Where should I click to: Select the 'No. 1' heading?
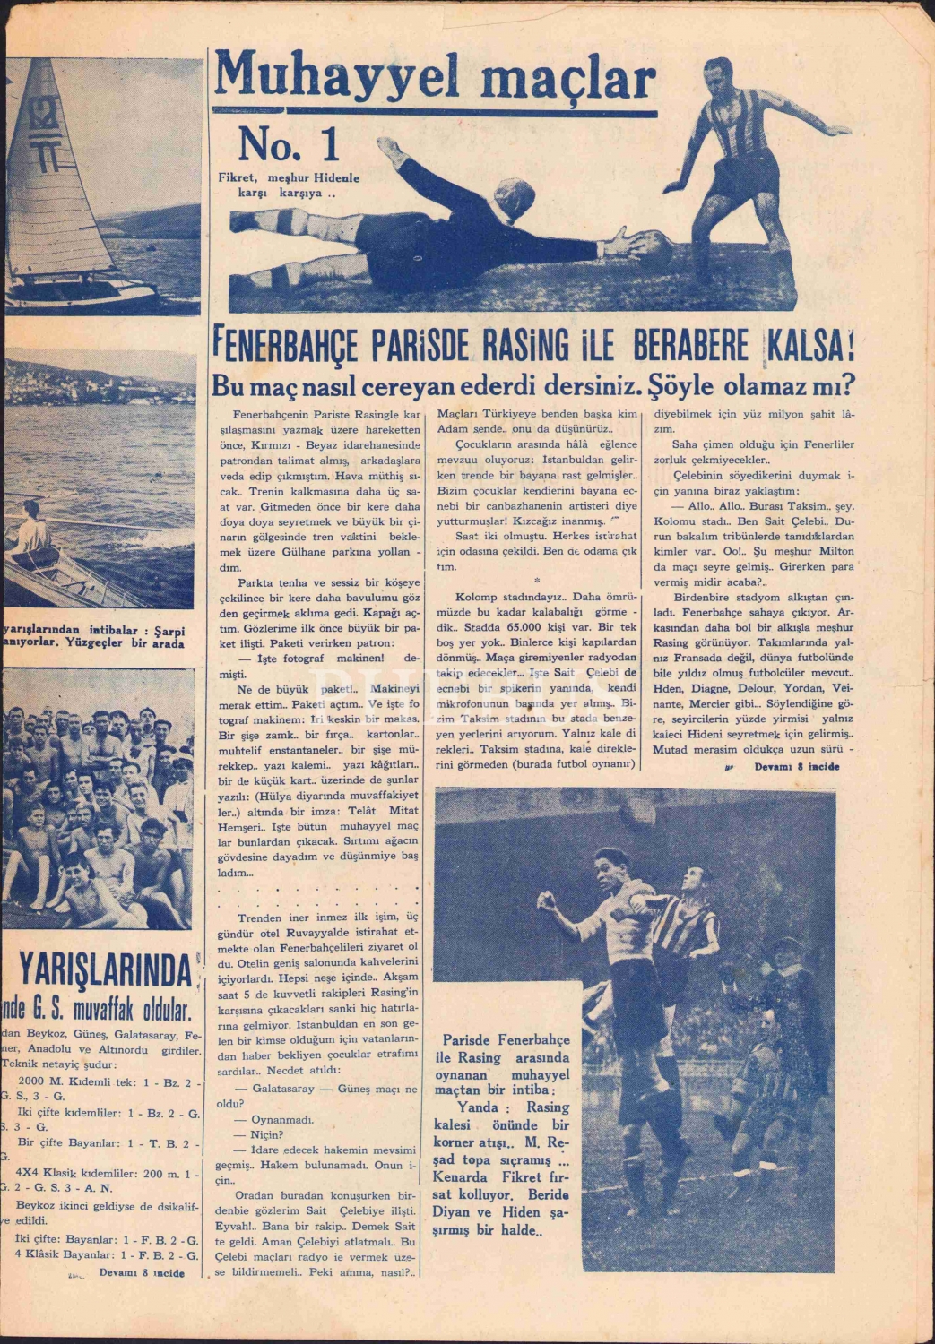point(289,143)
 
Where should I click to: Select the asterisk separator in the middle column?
point(535,582)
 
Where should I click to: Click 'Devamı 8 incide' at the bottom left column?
point(142,1272)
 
